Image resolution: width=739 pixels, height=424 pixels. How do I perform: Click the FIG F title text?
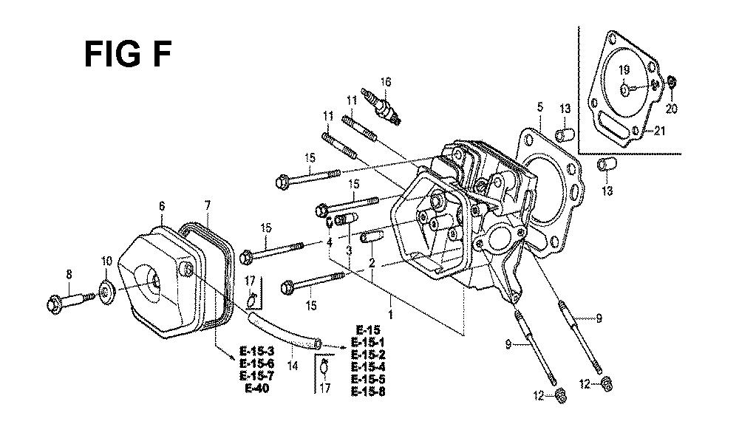(x=127, y=54)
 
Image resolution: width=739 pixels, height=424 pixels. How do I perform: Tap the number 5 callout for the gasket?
(x=539, y=107)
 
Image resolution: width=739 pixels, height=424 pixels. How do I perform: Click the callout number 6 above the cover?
(x=162, y=206)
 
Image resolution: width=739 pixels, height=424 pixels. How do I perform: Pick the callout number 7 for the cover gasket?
(x=208, y=206)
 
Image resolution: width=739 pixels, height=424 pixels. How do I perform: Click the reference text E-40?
(x=257, y=389)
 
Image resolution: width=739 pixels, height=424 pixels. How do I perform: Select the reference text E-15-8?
(x=367, y=391)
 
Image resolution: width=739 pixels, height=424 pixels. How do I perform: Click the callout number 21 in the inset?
(x=659, y=131)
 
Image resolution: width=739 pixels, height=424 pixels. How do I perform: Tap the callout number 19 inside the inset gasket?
(x=624, y=71)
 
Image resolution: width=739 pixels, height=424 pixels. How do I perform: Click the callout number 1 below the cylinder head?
(x=391, y=314)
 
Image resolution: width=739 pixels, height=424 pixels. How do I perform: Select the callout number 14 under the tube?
(x=293, y=365)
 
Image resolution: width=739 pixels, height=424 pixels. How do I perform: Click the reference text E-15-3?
(x=257, y=352)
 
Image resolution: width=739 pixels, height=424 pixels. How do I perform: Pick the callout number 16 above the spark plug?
(x=386, y=82)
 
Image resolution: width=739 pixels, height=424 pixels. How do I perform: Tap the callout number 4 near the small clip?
(x=330, y=242)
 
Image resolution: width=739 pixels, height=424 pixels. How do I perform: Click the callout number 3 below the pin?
(x=349, y=250)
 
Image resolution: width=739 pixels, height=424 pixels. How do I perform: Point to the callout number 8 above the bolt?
(x=69, y=274)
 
